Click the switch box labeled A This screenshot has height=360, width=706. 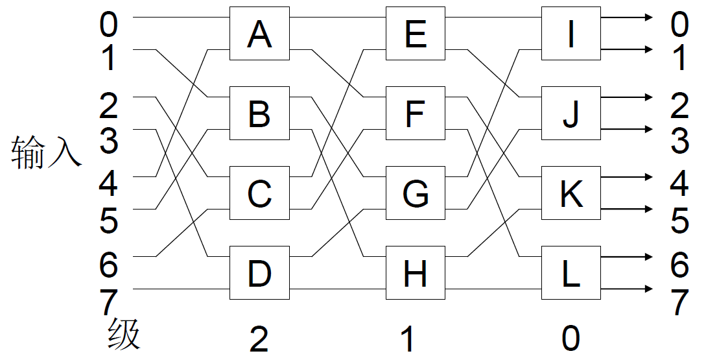[259, 34]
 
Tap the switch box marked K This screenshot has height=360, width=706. [571, 193]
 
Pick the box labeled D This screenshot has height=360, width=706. [259, 273]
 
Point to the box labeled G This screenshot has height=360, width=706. [415, 193]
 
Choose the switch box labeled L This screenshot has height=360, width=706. [571, 273]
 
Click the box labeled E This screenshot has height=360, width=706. [415, 34]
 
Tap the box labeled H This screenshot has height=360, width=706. [415, 273]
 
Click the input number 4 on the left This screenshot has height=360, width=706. [108, 185]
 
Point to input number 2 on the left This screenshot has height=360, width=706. [108, 106]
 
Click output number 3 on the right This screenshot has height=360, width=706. [679, 141]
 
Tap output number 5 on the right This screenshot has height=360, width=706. [679, 221]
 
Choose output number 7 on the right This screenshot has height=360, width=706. [679, 302]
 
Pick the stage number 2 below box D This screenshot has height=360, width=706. [259, 339]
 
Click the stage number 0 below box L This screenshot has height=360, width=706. [571, 339]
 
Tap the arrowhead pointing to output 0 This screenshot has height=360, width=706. [648, 18]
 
